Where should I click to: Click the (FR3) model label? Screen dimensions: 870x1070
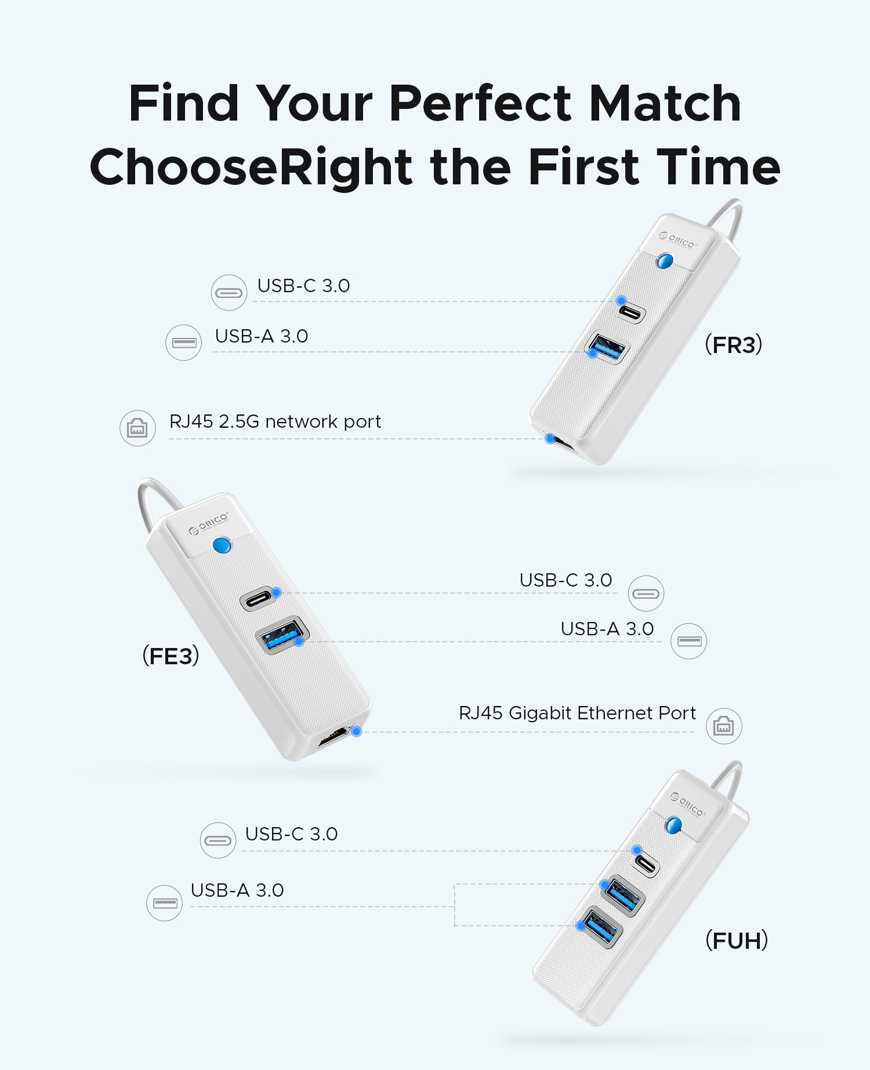(x=733, y=344)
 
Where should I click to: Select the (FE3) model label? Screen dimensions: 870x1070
(x=171, y=656)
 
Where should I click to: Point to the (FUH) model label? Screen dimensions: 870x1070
(x=737, y=940)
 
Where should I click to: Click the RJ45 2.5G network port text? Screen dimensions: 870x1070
(x=275, y=421)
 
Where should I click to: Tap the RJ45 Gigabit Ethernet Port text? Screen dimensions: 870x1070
(x=577, y=713)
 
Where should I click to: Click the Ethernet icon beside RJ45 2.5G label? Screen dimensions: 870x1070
(x=137, y=428)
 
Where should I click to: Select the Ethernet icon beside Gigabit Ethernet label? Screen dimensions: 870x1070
(x=724, y=726)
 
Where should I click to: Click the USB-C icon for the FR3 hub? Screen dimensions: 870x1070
(x=229, y=293)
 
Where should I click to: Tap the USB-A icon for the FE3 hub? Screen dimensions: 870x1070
(x=688, y=641)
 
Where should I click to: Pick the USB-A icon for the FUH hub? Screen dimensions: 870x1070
(x=164, y=903)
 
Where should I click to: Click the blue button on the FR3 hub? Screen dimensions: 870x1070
(x=665, y=261)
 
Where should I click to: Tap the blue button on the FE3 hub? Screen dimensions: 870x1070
(x=222, y=545)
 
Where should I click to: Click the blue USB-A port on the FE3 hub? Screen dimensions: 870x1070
(x=282, y=635)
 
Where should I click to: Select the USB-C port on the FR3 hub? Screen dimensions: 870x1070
(x=631, y=312)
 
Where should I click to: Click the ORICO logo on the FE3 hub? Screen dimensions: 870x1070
(x=209, y=523)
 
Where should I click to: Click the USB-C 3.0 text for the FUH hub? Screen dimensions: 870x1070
(x=291, y=834)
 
